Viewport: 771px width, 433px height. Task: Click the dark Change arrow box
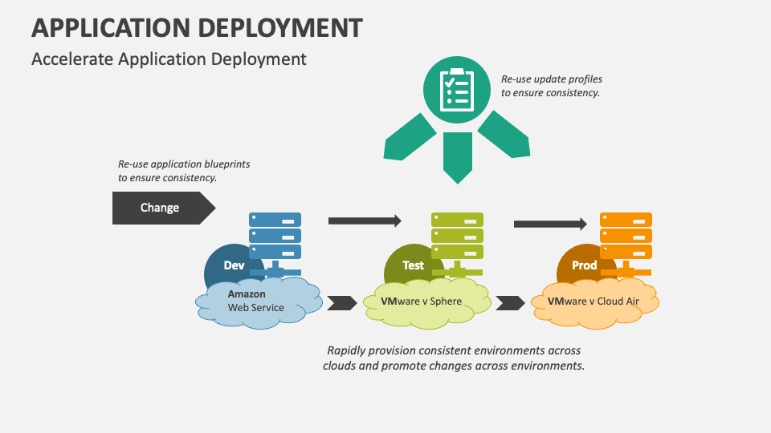pyautogui.click(x=163, y=208)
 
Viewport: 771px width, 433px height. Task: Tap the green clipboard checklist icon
pyautogui.click(x=457, y=90)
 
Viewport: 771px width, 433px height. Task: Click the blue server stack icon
pyautogui.click(x=275, y=244)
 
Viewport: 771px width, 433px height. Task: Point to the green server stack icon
pyautogui.click(x=457, y=244)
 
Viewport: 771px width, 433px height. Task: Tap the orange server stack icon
pyautogui.click(x=626, y=244)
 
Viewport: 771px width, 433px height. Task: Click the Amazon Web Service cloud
pyautogui.click(x=259, y=303)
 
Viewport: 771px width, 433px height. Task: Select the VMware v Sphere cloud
pyautogui.click(x=426, y=303)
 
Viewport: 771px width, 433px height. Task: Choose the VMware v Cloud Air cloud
pyautogui.click(x=595, y=303)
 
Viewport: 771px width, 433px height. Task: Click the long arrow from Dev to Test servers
pyautogui.click(x=365, y=221)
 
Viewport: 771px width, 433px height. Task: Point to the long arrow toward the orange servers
pyautogui.click(x=550, y=224)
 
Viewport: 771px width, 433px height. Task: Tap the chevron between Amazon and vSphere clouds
pyautogui.click(x=342, y=303)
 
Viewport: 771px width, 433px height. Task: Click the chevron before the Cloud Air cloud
pyautogui.click(x=511, y=303)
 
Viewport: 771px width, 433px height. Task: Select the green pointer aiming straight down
pyautogui.click(x=458, y=157)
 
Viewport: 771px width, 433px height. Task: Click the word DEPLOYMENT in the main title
pyautogui.click(x=279, y=28)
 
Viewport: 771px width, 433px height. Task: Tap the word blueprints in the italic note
pyautogui.click(x=227, y=164)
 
